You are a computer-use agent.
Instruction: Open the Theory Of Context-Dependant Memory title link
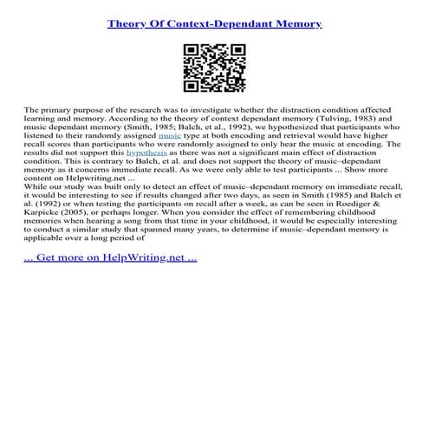point(214,23)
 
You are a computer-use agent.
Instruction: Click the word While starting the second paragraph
point(38,185)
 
